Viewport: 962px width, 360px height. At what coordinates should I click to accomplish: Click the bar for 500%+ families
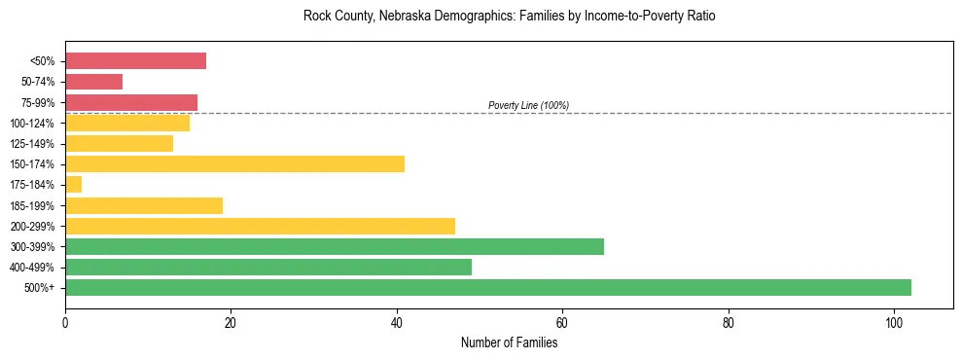487,287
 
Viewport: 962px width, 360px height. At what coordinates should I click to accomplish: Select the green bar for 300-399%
334,246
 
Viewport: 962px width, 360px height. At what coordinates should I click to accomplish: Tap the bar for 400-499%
267,267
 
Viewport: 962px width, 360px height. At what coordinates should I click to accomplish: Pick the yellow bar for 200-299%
260,226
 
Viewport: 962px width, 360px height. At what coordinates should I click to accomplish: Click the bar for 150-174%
234,163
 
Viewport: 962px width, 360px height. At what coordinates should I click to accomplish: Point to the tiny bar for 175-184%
73,184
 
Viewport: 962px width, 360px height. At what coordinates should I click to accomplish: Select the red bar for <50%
135,60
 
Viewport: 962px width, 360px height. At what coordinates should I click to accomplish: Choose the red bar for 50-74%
93,81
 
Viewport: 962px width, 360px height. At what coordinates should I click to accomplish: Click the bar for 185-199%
143,205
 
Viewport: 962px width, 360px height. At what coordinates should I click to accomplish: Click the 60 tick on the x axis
562,321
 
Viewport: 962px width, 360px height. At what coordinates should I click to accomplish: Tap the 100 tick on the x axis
894,321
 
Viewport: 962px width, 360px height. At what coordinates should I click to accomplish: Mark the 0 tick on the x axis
65,321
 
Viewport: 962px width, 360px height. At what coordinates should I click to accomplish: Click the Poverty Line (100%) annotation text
528,105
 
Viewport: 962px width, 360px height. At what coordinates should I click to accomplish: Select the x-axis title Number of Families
509,342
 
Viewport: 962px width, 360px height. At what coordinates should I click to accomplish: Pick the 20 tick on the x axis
231,321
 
